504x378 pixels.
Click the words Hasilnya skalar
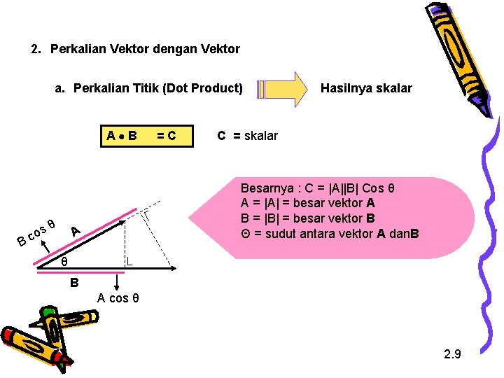point(366,88)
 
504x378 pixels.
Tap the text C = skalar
point(247,136)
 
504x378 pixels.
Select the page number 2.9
point(452,353)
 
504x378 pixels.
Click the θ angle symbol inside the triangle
point(64,262)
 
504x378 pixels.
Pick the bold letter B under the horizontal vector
point(73,283)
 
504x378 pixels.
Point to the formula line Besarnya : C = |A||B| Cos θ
point(318,189)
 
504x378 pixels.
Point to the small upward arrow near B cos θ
point(47,245)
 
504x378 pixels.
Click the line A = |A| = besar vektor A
point(308,204)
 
